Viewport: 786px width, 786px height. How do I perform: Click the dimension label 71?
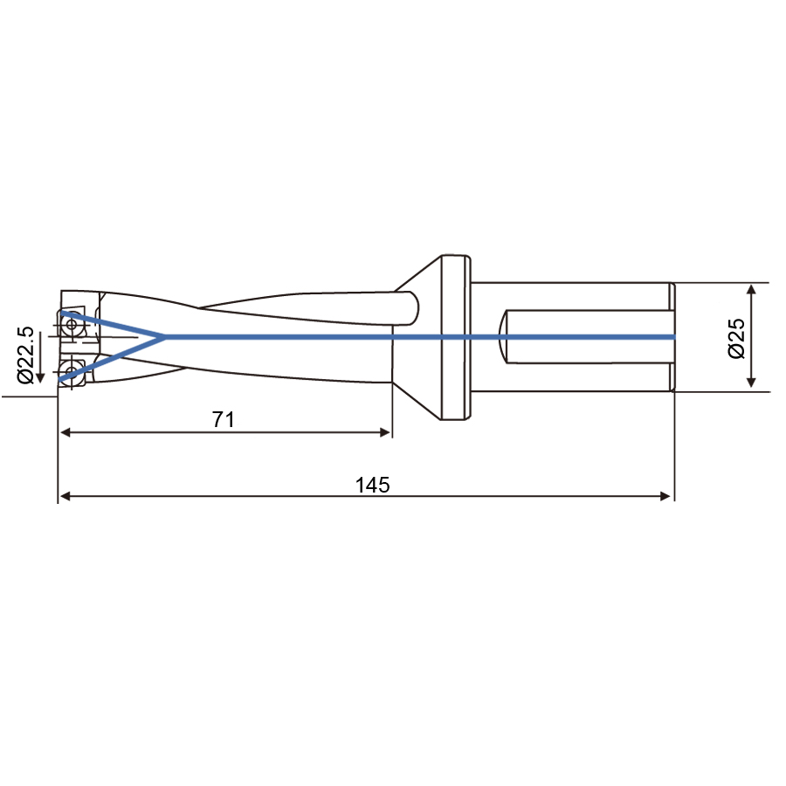click(224, 419)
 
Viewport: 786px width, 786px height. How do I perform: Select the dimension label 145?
click(372, 485)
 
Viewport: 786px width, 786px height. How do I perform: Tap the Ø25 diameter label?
click(736, 338)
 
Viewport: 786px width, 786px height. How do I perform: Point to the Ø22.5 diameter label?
click(25, 355)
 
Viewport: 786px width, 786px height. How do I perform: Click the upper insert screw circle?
click(72, 324)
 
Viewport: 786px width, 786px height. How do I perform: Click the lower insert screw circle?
click(72, 371)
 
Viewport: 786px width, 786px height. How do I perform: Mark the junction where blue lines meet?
click(164, 337)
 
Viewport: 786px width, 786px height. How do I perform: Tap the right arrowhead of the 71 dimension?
click(385, 432)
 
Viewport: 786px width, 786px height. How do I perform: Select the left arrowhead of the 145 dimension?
click(65, 496)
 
